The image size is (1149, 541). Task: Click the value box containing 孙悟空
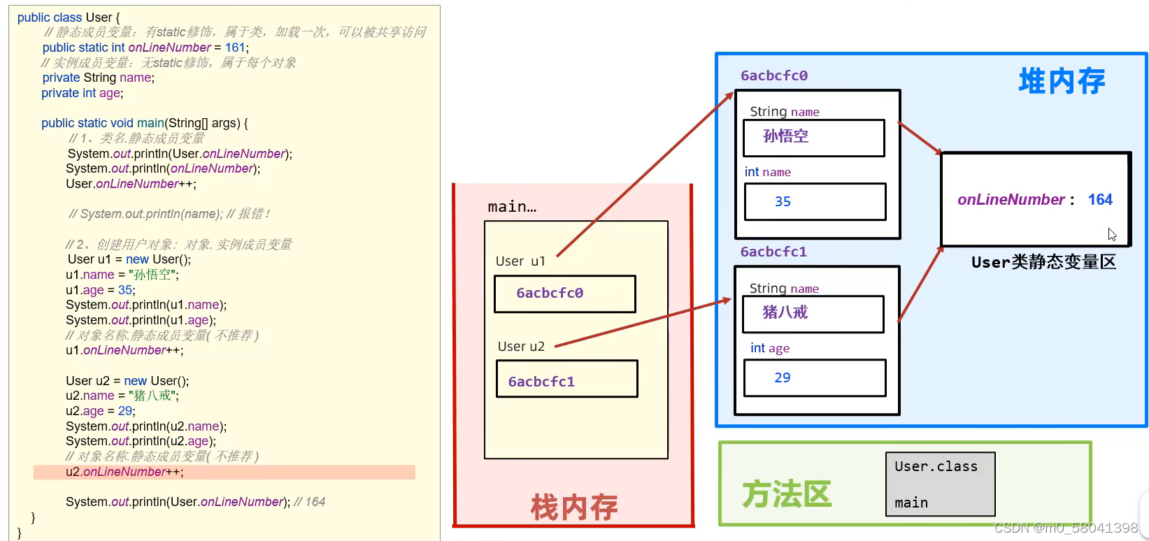(814, 138)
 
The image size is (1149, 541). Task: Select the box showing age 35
(815, 202)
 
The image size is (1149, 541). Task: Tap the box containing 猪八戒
(813, 314)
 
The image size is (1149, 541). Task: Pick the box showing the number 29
(815, 378)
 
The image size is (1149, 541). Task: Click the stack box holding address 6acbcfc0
(565, 294)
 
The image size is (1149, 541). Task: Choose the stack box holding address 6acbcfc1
(566, 380)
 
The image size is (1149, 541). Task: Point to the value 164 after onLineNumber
(1100, 200)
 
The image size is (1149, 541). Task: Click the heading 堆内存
(1062, 81)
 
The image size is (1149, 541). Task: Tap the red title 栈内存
(573, 507)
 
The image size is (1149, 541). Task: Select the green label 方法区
(787, 494)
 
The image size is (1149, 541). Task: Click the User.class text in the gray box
(936, 466)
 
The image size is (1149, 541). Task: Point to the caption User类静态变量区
(1043, 262)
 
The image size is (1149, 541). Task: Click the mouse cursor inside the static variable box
(1112, 235)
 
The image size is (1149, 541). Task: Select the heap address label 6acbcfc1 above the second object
(773, 252)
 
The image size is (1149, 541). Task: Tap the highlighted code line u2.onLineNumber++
(124, 472)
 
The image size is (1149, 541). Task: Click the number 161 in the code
(235, 48)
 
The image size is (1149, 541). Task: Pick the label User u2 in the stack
(521, 347)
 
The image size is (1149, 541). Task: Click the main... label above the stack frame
(512, 207)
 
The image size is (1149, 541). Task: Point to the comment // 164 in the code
(310, 502)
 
